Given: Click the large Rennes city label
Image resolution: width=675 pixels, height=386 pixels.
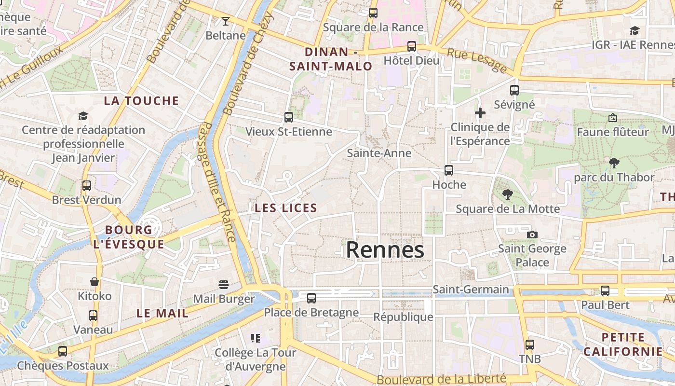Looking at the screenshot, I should [x=385, y=250].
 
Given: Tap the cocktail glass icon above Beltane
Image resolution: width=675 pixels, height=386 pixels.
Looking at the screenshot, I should [x=225, y=21].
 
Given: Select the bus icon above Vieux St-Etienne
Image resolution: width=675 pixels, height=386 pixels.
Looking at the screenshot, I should [x=289, y=117].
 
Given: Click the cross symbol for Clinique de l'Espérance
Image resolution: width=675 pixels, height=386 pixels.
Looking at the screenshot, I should [x=480, y=113].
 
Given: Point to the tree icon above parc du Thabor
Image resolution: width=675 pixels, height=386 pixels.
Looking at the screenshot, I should [x=614, y=163].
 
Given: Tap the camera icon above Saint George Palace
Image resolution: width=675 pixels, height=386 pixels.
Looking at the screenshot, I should [x=532, y=234].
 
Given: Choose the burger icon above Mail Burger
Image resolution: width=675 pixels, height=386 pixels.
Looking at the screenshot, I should [x=223, y=285].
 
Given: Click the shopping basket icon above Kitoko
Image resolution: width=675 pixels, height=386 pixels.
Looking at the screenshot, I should [x=94, y=282].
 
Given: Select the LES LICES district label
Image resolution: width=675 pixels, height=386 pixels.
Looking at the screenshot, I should [x=286, y=208].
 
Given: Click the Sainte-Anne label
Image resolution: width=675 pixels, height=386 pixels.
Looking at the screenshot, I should [x=379, y=153].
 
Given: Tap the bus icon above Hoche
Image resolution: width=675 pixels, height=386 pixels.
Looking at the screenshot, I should [x=449, y=170].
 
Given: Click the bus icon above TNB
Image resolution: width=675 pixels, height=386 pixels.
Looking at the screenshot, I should [x=530, y=345].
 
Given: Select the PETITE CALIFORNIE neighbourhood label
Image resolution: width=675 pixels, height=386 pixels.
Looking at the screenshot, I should [x=623, y=345].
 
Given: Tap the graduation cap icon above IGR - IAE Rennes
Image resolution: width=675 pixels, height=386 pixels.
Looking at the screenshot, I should [x=634, y=31].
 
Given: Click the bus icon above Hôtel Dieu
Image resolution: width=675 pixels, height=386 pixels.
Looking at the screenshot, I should [x=411, y=46].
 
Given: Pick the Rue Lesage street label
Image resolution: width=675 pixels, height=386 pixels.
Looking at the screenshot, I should [x=477, y=60].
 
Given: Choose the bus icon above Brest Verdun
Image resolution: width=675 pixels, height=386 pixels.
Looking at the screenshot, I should [x=87, y=186].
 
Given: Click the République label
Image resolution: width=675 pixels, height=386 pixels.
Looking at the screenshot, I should [x=404, y=317].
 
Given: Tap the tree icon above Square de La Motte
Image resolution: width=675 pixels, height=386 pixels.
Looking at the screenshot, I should [x=507, y=194].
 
